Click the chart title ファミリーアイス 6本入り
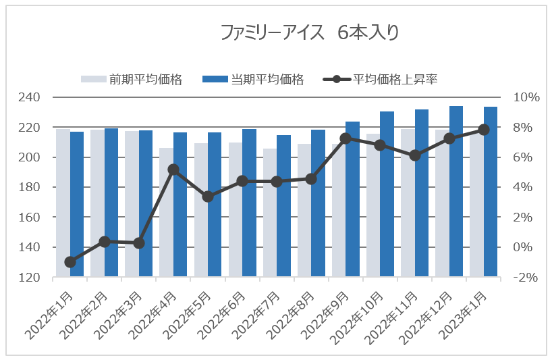click(x=310, y=33)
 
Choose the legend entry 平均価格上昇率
click(x=395, y=79)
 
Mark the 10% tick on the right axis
click(x=526, y=97)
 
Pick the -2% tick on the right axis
click(x=526, y=278)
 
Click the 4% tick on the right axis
click(x=526, y=187)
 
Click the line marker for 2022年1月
click(x=70, y=262)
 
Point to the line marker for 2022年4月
click(x=173, y=170)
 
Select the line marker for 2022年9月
click(x=346, y=138)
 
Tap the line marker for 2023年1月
click(x=484, y=129)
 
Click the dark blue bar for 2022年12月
click(x=456, y=192)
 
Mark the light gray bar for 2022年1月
click(x=63, y=203)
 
